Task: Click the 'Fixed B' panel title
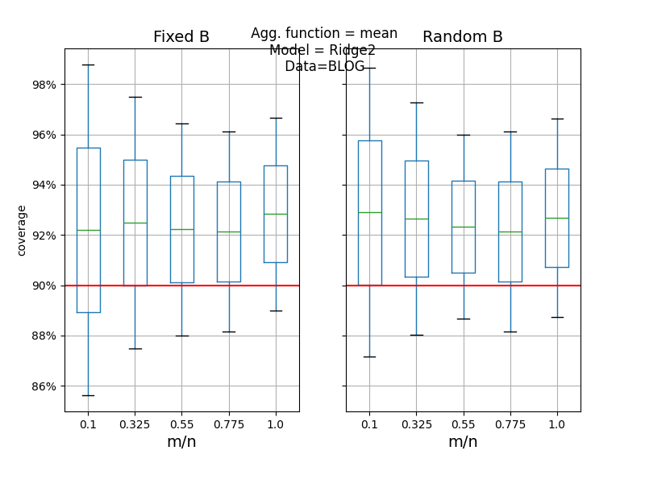pos(181,37)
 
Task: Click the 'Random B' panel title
pos(463,37)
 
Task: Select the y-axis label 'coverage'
pos(22,230)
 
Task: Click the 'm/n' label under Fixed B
pos(181,442)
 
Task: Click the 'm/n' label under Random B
pos(463,442)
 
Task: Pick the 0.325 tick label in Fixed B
pos(135,424)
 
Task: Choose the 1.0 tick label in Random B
pos(556,424)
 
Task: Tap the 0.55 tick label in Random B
pos(463,424)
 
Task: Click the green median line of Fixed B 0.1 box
pos(88,231)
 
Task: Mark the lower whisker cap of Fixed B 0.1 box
pos(88,395)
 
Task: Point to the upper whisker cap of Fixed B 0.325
pos(135,97)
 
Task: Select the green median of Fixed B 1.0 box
pos(275,214)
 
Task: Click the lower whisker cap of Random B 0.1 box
pos(369,357)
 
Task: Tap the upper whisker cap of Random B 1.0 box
pos(556,119)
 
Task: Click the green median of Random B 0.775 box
pos(510,232)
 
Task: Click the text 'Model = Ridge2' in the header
pos(322,50)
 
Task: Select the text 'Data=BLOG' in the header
pos(324,66)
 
